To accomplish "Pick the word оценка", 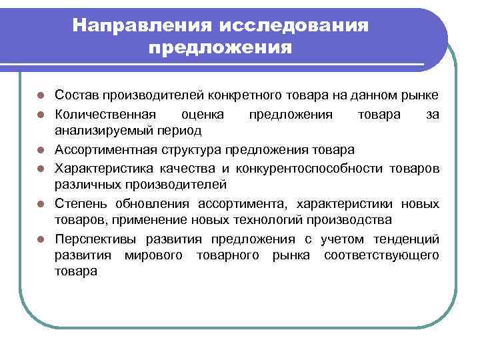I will click(x=203, y=114).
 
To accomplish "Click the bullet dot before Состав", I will click(x=41, y=97).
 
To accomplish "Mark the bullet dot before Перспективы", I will click(x=41, y=239).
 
